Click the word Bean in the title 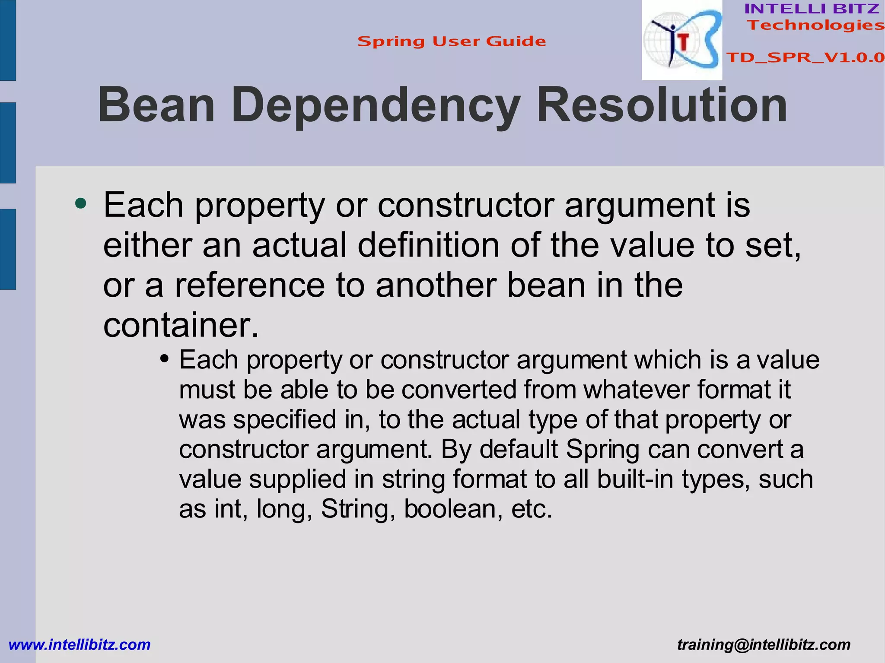click(156, 105)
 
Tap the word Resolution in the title click(662, 105)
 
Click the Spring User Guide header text click(452, 41)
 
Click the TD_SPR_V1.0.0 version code click(805, 57)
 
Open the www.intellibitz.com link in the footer click(80, 644)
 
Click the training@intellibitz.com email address click(764, 644)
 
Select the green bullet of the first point click(80, 203)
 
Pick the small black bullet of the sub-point click(164, 358)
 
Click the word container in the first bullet click(181, 325)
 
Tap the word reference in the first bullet click(249, 285)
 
